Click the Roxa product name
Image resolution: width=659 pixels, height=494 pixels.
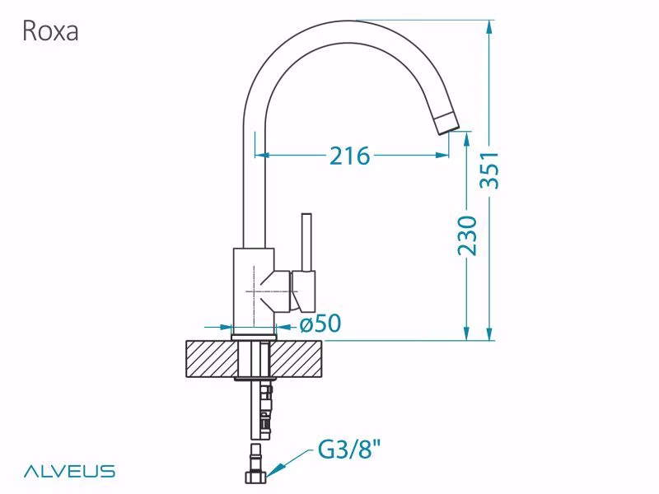click(x=50, y=30)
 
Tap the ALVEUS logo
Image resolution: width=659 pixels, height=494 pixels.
click(x=69, y=471)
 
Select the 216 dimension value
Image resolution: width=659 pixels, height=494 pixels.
click(x=349, y=156)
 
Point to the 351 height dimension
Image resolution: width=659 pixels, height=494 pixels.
click(x=490, y=170)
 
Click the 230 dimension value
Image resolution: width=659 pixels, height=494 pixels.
click(x=467, y=235)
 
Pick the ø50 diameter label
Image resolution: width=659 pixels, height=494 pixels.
click(x=320, y=324)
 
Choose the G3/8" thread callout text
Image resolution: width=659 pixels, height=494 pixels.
click(x=348, y=449)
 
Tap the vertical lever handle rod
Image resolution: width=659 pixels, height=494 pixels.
click(x=306, y=242)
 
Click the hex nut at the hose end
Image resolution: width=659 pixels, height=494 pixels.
click(x=255, y=477)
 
